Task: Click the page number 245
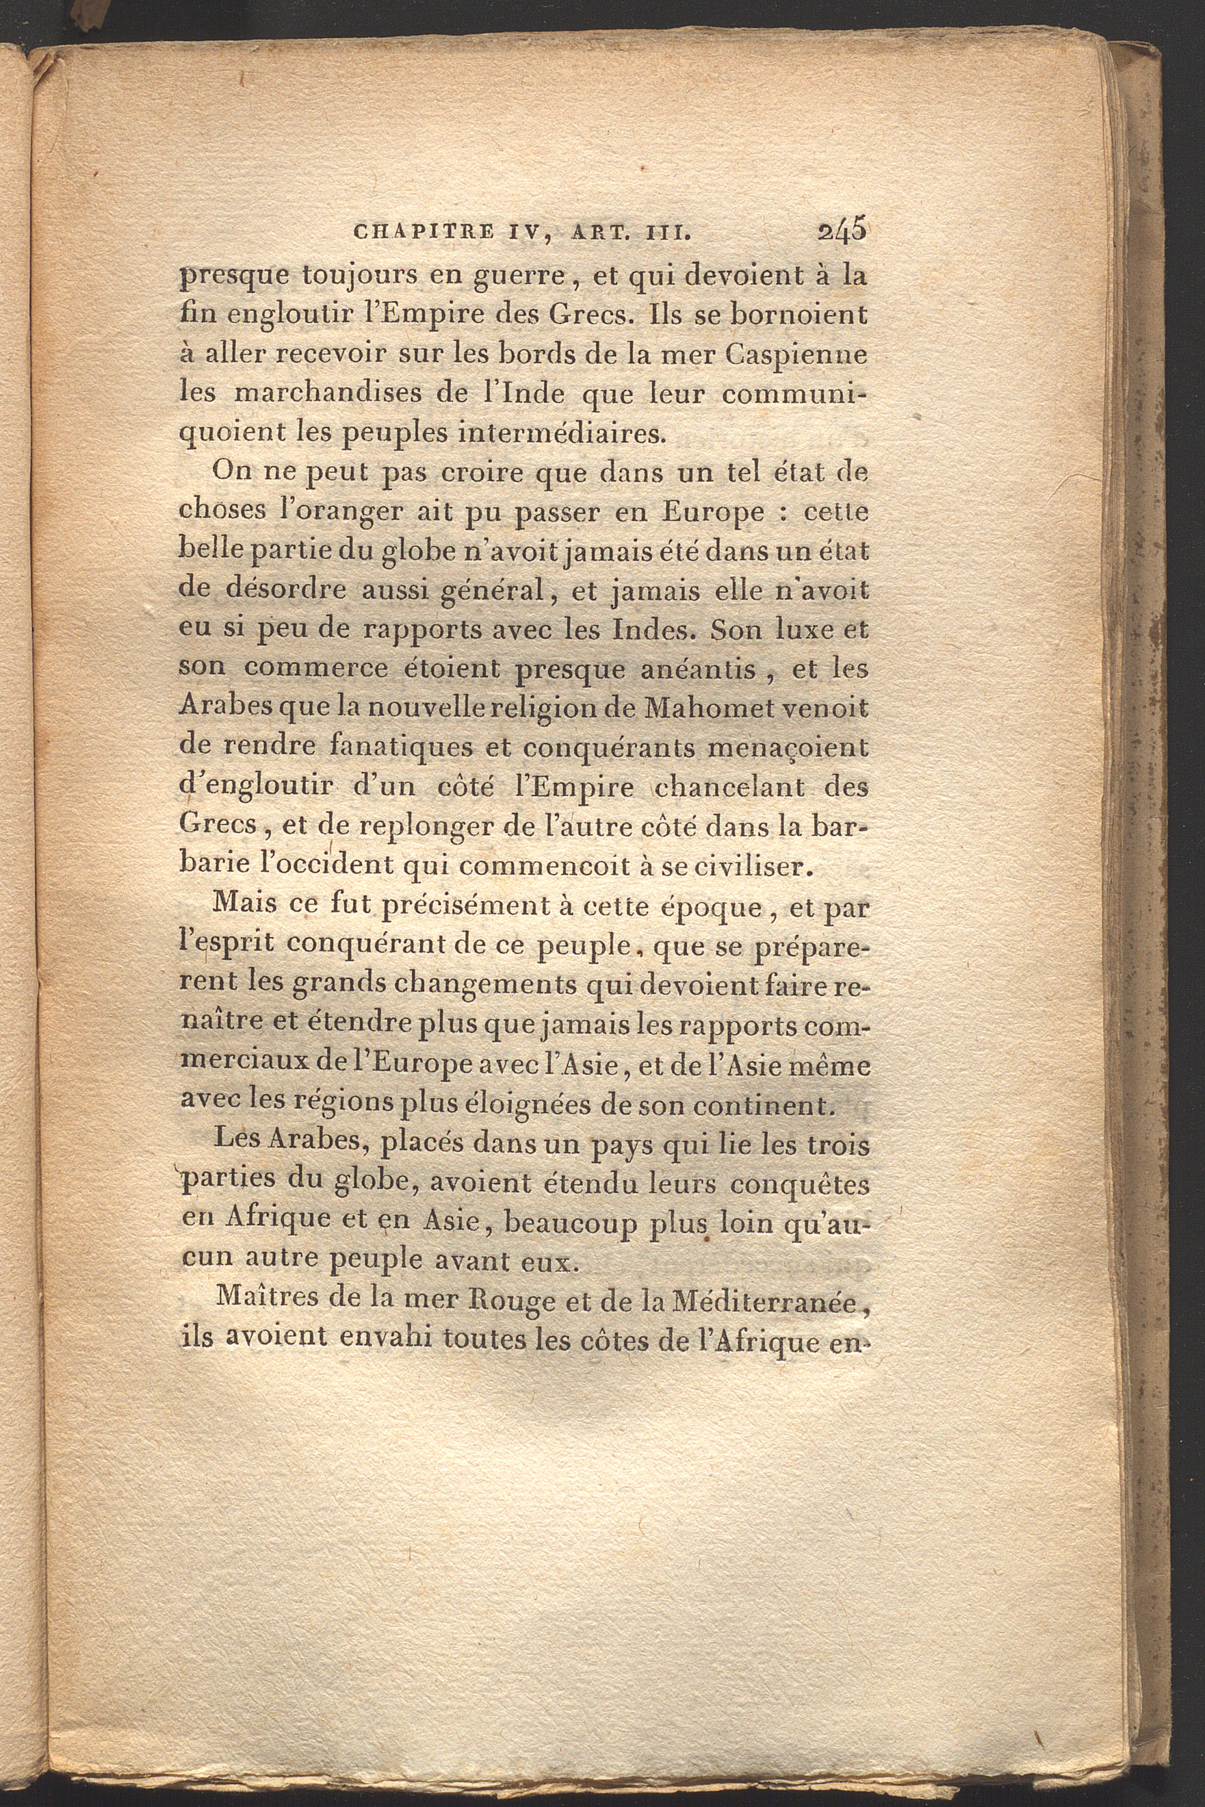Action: pyautogui.click(x=843, y=231)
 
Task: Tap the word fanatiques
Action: pyautogui.click(x=387, y=748)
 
